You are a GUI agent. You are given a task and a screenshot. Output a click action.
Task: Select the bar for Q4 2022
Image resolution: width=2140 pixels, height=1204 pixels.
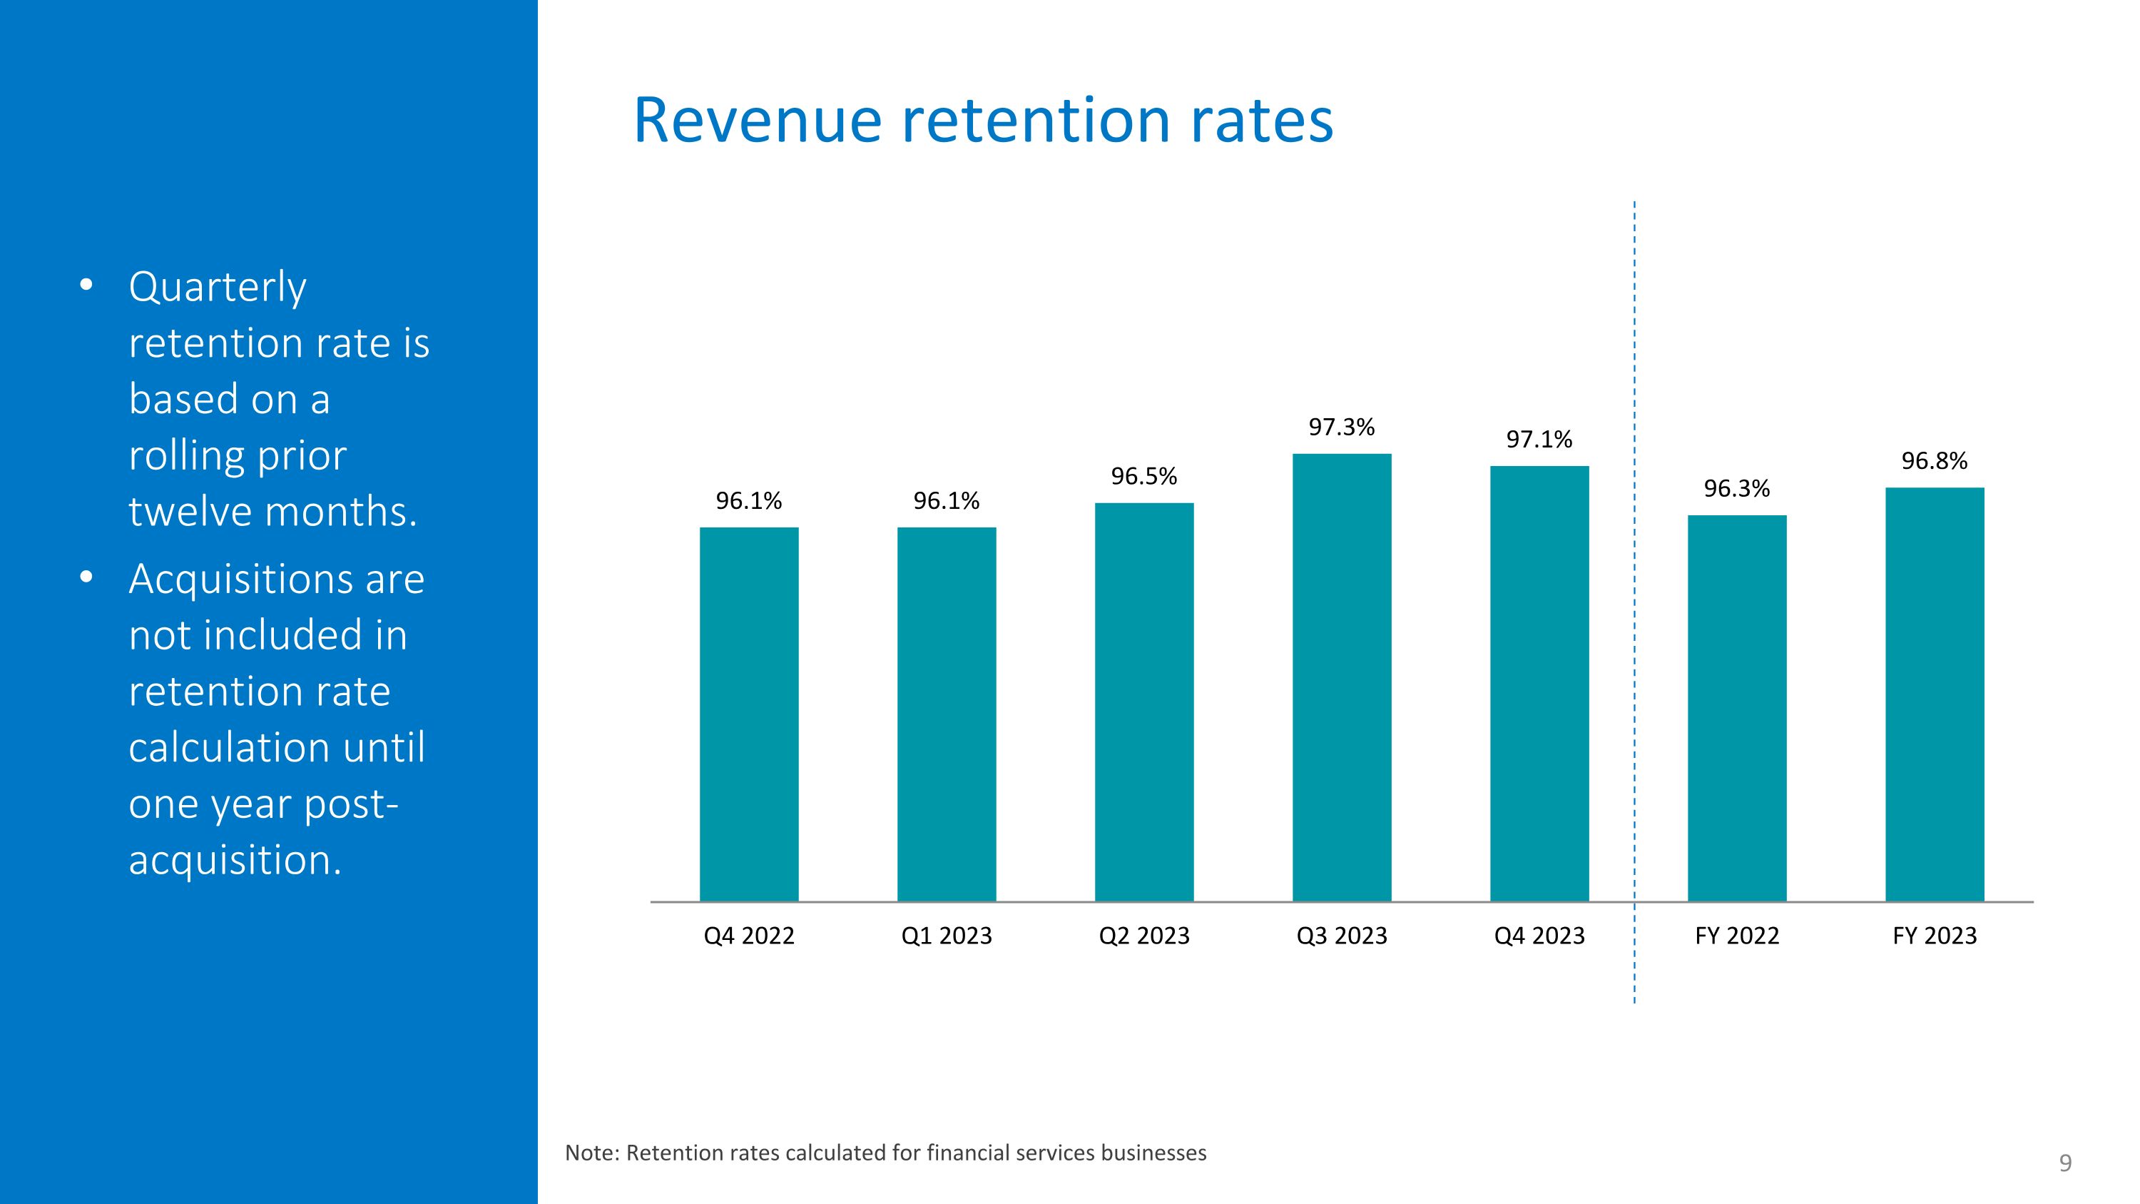[x=748, y=714]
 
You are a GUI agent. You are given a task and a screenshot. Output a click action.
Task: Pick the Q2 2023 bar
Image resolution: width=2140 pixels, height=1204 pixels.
[x=1144, y=702]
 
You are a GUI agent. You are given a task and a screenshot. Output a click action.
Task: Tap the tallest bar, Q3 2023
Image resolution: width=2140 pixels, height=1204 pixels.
[x=1342, y=677]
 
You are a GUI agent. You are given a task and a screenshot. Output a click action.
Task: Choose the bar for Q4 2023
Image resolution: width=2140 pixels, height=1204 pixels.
[x=1539, y=684]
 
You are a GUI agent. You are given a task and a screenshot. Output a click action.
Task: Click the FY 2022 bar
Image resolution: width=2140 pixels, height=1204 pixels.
[x=1737, y=708]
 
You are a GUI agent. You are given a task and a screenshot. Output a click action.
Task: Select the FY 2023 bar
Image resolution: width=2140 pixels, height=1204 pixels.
[x=1935, y=694]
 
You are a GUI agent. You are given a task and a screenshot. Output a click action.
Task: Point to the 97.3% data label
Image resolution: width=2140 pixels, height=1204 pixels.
[x=1342, y=427]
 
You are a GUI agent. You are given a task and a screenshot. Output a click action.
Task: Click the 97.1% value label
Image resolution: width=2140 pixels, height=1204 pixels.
[x=1539, y=440]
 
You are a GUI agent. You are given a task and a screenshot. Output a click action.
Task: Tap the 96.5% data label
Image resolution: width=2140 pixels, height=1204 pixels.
[x=1144, y=476]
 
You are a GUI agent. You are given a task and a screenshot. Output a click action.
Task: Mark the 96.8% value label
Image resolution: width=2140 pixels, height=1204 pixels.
[x=1935, y=461]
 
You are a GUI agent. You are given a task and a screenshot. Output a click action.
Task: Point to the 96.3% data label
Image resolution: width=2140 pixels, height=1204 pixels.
[x=1737, y=489]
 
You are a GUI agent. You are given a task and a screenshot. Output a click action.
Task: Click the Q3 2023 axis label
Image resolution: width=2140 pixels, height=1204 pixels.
[x=1342, y=936]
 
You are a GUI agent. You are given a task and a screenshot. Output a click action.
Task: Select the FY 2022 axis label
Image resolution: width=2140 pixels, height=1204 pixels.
[x=1737, y=936]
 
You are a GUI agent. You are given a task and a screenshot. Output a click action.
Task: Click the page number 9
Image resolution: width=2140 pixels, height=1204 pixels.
[x=2065, y=1163]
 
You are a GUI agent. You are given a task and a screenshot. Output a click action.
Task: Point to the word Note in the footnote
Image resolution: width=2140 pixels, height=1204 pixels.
[x=592, y=1153]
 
